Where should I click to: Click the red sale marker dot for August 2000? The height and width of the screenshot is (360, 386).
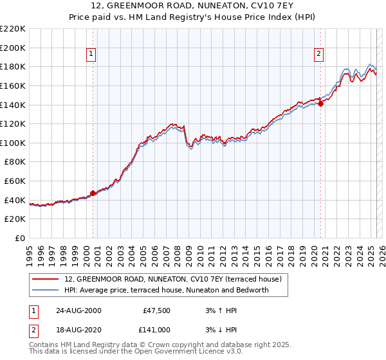pos(93,193)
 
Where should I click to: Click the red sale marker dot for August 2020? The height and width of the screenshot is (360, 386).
pos(320,104)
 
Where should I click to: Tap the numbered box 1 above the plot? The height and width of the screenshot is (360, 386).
pos(91,55)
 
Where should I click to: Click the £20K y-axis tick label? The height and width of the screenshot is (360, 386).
pos(15,219)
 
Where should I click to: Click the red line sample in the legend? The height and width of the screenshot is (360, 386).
pos(45,280)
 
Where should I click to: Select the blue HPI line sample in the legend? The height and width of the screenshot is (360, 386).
pos(45,291)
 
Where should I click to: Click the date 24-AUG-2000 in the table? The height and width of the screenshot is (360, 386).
pos(78,310)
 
